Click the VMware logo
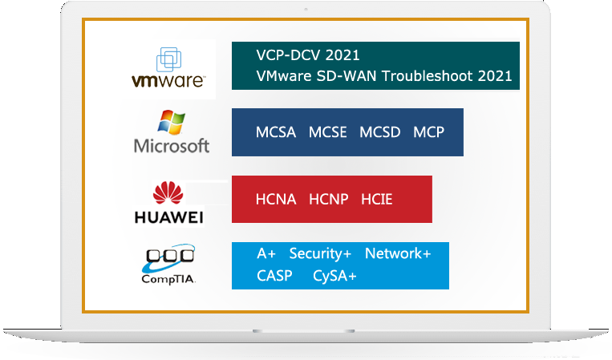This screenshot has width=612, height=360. [168, 68]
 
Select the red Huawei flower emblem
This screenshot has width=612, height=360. [168, 195]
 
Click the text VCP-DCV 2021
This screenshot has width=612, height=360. [308, 55]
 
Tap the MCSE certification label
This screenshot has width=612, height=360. [328, 132]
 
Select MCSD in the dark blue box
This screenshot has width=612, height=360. [380, 132]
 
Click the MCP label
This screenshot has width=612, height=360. [428, 132]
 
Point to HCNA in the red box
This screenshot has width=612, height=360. [276, 199]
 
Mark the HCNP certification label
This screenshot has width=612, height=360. [329, 199]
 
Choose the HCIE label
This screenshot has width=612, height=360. [376, 199]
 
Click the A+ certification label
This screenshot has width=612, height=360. [266, 253]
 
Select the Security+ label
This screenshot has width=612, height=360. [320, 253]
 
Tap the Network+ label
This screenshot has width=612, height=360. [398, 253]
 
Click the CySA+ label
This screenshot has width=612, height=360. [334, 276]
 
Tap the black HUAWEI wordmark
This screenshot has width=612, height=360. [168, 217]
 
